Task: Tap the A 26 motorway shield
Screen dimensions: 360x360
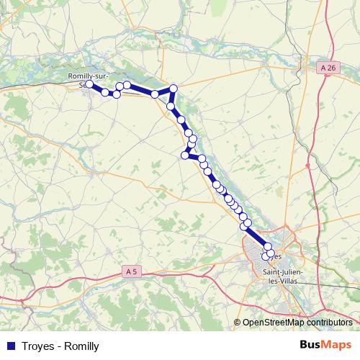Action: tap(328, 68)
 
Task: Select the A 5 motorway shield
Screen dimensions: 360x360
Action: tap(130, 271)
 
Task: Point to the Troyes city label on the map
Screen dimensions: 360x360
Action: tap(269, 258)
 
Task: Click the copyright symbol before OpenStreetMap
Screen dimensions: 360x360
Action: tap(237, 323)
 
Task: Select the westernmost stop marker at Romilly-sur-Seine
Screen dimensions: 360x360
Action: tap(89, 84)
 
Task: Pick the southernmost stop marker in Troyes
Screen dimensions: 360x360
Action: tap(266, 256)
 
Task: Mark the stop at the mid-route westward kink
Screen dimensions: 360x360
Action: tap(186, 155)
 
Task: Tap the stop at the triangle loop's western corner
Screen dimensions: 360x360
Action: tap(155, 94)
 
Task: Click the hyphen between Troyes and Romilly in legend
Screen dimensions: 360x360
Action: tap(59, 346)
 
